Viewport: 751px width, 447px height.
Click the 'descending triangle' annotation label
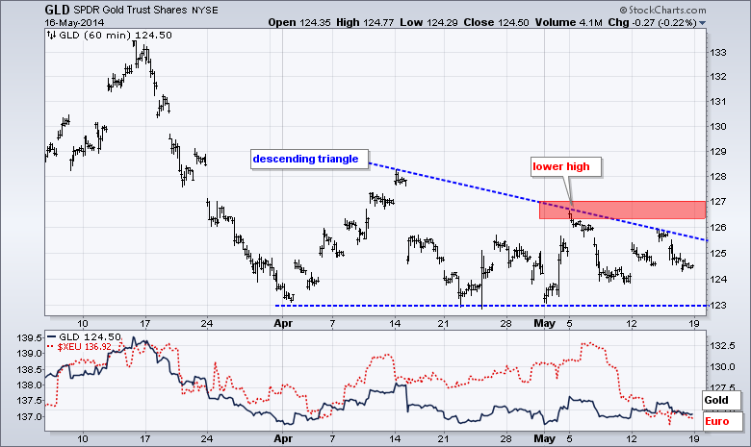304,158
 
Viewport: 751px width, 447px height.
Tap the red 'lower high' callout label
567,166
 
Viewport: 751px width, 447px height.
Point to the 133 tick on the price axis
717,51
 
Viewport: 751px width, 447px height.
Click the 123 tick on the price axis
717,305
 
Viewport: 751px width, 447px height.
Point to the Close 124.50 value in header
508,21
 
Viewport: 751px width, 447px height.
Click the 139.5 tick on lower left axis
27,338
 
